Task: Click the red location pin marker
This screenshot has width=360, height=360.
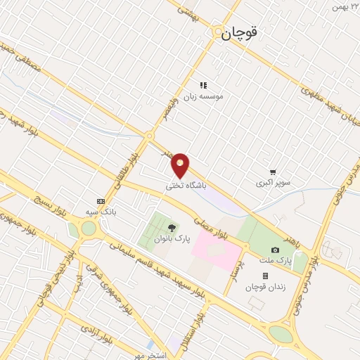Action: click(x=181, y=165)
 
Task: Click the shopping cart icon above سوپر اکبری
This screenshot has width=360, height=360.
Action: click(x=272, y=172)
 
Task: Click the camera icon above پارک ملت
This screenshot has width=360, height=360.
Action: click(x=275, y=250)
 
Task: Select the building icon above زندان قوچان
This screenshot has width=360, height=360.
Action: click(x=265, y=276)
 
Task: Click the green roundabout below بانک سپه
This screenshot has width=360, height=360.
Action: click(x=89, y=229)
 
